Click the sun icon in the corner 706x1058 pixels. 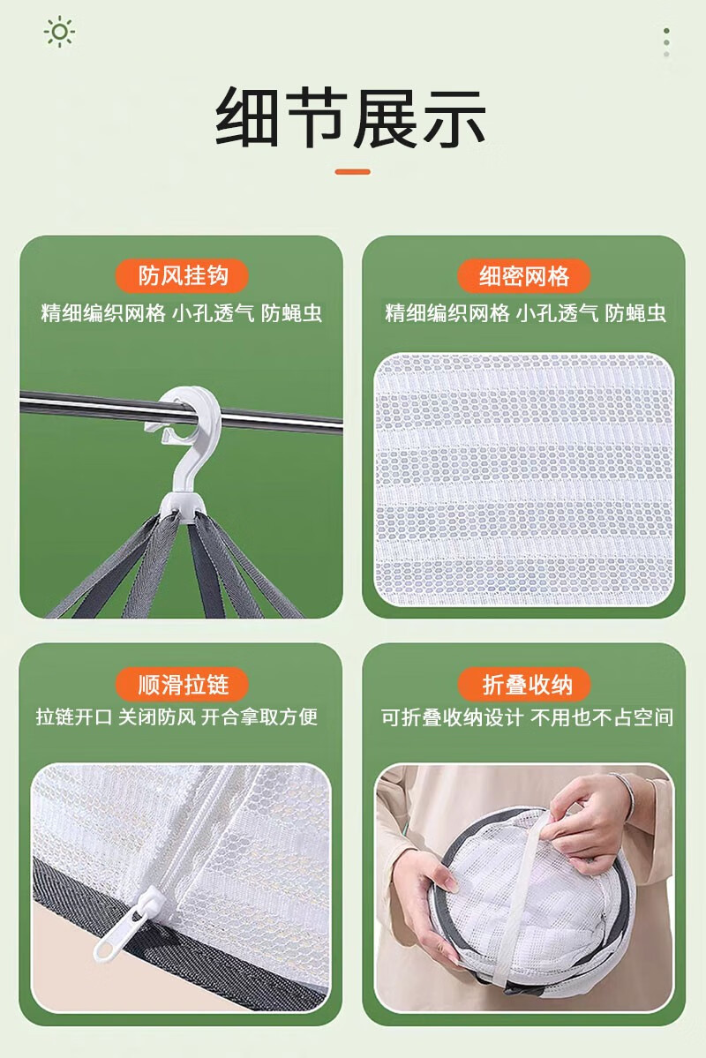[59, 32]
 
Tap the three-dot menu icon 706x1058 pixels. [666, 42]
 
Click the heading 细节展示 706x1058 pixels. [351, 117]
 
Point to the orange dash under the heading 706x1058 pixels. [352, 172]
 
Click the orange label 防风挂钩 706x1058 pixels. [183, 276]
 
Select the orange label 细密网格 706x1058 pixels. [523, 276]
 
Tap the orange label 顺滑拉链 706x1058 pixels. [183, 684]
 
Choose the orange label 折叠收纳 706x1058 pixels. [525, 684]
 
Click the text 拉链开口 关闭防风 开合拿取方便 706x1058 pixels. [176, 717]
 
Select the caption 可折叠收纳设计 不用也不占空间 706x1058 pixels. [527, 717]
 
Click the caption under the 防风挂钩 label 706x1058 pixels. [181, 313]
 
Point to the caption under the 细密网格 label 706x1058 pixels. [525, 313]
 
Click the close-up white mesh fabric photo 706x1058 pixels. [524, 479]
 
